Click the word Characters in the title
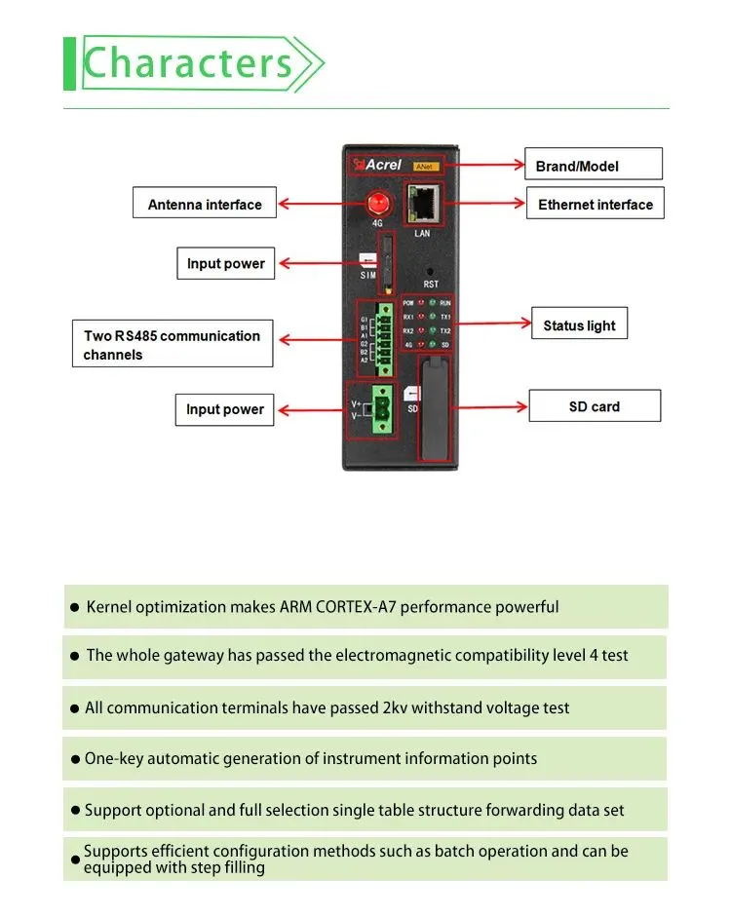188,63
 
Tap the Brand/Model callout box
593,165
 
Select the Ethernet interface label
595,205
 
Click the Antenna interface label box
205,205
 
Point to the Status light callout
579,325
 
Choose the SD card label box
594,406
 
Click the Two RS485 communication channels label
172,345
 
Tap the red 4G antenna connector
376,204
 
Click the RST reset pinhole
430,272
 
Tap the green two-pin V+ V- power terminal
383,408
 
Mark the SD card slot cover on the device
434,409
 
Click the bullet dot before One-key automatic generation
75,759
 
